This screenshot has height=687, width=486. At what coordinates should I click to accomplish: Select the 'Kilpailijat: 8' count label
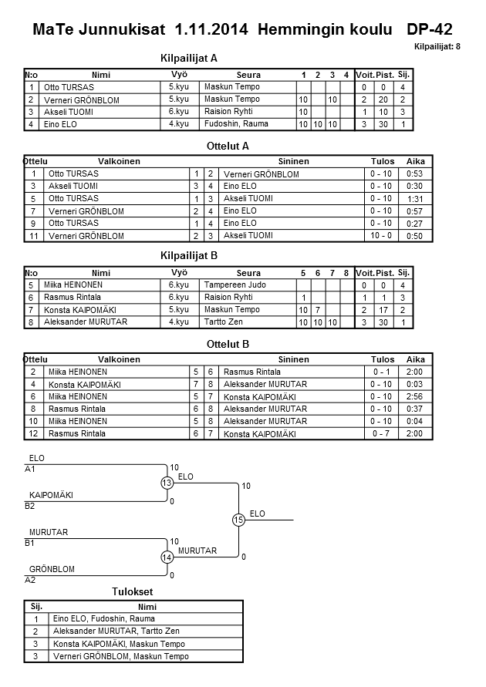(437, 47)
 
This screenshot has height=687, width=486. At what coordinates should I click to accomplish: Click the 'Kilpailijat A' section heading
(189, 58)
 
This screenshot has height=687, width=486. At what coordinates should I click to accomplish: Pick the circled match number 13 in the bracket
(167, 483)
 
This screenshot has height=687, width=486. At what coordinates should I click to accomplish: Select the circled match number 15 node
(238, 520)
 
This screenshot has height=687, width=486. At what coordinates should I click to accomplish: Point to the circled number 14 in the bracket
(167, 557)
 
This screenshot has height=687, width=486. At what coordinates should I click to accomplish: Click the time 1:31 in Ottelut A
(415, 199)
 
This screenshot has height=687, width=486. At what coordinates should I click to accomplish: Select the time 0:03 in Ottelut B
(415, 384)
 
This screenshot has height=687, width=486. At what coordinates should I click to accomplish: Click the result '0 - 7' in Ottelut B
(381, 433)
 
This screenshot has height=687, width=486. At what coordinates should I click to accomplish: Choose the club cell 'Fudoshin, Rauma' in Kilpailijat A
(231, 123)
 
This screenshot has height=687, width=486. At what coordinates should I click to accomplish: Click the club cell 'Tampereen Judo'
(231, 285)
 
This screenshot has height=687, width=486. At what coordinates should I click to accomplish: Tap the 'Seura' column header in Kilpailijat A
(248, 75)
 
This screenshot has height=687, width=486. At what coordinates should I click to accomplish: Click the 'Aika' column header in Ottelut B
(416, 359)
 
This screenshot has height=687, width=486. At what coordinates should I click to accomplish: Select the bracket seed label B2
(30, 506)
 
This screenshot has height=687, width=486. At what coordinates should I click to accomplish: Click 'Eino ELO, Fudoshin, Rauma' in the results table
(103, 618)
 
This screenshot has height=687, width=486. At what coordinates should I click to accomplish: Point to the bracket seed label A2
(30, 579)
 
